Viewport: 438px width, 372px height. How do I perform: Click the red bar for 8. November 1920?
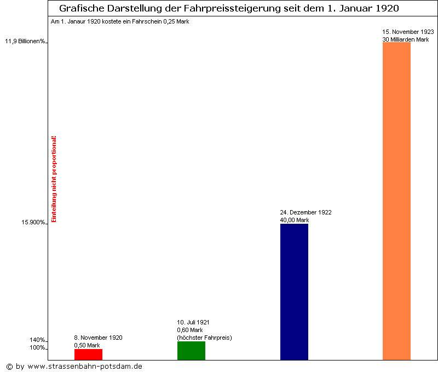(88, 354)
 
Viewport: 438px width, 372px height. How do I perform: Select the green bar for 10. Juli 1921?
(191, 351)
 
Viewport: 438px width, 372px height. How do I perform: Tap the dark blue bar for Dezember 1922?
(294, 292)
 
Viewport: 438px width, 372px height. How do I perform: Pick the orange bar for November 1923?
(396, 201)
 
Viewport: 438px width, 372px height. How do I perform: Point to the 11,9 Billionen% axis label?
(25, 41)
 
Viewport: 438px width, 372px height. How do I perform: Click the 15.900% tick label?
(33, 222)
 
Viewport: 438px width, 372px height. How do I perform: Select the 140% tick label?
(37, 340)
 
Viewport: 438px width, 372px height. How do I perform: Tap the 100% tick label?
(37, 348)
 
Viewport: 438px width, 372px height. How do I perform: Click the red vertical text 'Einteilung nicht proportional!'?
(54, 179)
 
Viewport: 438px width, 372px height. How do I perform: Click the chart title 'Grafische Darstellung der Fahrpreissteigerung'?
(229, 9)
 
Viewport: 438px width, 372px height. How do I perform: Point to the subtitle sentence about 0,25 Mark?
(120, 21)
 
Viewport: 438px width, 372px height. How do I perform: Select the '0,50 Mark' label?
(87, 345)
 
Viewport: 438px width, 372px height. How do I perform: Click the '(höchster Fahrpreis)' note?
(204, 338)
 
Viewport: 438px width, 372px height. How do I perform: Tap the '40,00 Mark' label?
(295, 220)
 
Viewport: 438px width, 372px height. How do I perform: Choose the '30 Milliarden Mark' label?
(406, 39)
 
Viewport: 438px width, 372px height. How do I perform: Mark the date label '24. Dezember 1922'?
(306, 212)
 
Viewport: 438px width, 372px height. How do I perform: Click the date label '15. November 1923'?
(408, 32)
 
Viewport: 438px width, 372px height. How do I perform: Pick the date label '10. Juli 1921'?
(193, 322)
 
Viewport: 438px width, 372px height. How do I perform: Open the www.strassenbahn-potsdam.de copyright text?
(74, 366)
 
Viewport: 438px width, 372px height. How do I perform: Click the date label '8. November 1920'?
(98, 338)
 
